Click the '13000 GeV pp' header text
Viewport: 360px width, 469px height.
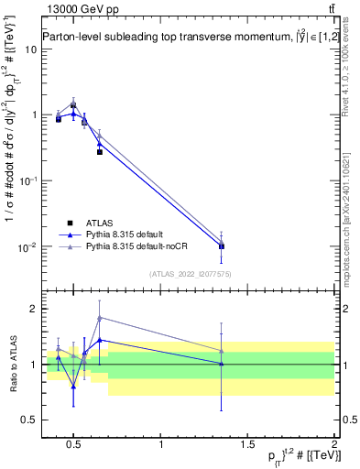(x=75, y=8)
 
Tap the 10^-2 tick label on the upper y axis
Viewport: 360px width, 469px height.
(x=24, y=247)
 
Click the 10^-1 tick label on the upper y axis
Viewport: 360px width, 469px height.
(x=24, y=181)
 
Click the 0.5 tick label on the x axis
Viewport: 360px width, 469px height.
(x=73, y=445)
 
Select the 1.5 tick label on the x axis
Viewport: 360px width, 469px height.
(x=247, y=445)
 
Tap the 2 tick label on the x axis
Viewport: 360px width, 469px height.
(x=334, y=445)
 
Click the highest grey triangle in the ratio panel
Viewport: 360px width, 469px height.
(x=100, y=318)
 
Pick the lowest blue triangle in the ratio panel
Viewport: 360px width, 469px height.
(x=73, y=387)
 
